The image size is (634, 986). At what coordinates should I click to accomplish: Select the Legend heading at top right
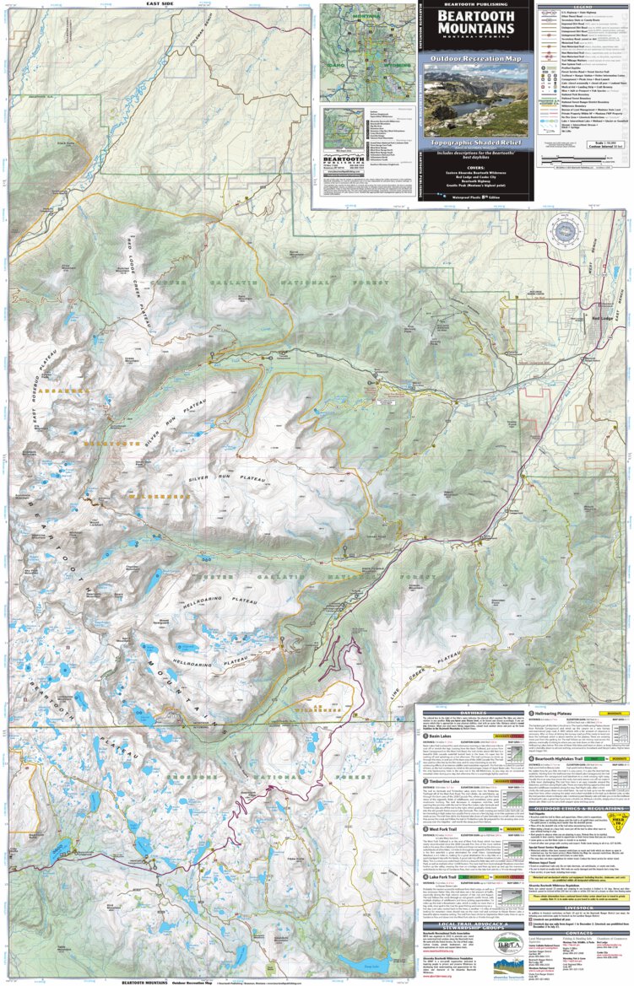coord(583,6)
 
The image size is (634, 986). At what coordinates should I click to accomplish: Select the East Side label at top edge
coord(159,3)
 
